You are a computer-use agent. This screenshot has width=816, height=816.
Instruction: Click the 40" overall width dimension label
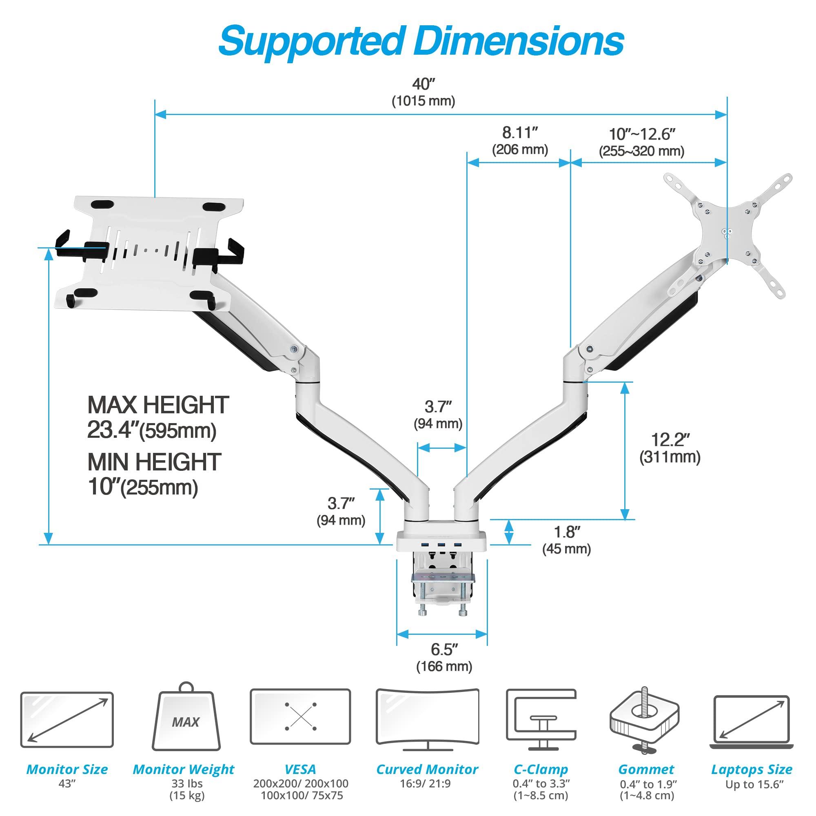click(423, 84)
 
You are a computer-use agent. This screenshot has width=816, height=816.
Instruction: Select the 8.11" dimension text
click(519, 133)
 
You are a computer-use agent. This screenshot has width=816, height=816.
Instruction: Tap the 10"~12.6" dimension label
click(641, 135)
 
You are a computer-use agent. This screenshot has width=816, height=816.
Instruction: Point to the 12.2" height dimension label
click(670, 440)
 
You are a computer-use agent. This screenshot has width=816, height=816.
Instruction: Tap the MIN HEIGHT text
click(154, 463)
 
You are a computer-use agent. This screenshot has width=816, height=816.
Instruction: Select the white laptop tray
click(150, 253)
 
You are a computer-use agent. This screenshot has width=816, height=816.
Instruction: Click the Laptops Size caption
click(752, 769)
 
